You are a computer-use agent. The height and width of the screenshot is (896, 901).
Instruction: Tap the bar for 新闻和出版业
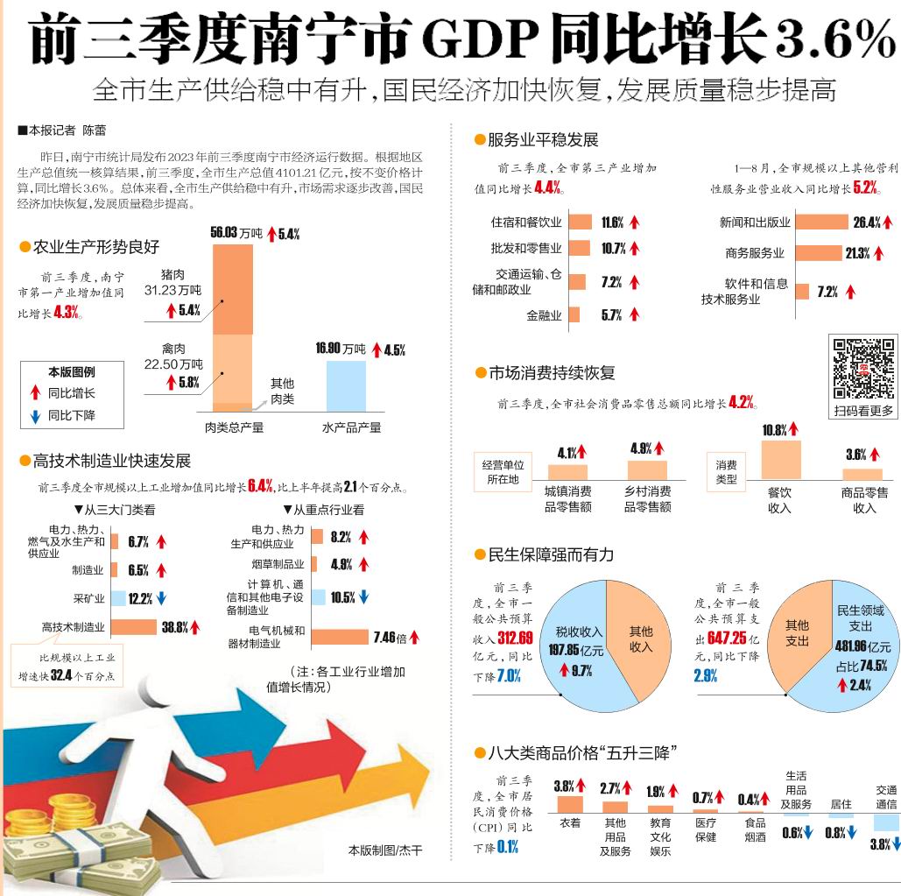(x=821, y=222)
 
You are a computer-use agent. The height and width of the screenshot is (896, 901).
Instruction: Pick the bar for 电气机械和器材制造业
(x=339, y=637)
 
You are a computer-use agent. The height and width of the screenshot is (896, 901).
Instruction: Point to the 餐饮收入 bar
(x=780, y=460)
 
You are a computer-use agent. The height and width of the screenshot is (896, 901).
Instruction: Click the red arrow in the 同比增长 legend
(x=35, y=393)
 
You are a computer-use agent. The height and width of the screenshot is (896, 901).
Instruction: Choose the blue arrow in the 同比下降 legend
(x=35, y=415)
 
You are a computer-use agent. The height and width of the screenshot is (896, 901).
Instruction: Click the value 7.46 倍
(x=390, y=637)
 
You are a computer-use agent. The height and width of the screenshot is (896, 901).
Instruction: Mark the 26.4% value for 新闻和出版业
(x=867, y=222)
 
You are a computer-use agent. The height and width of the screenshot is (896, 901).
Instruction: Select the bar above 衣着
(x=570, y=804)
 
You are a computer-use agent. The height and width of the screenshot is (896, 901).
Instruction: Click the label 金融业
(x=544, y=315)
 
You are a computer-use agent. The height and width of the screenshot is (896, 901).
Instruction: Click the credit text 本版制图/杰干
(x=384, y=850)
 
